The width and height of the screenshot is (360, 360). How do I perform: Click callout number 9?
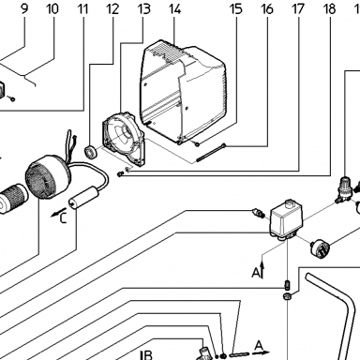pyautogui.click(x=24, y=8)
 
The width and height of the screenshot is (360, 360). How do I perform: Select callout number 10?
pyautogui.click(x=52, y=8)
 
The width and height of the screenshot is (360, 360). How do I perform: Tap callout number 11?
pyautogui.click(x=82, y=8)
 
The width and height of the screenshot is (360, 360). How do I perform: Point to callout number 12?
pyautogui.click(x=113, y=8)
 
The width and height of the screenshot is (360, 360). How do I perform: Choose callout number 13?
pyautogui.click(x=144, y=8)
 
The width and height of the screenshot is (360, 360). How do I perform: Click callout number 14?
pyautogui.click(x=175, y=8)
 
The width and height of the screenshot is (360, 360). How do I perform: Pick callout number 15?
pyautogui.click(x=236, y=8)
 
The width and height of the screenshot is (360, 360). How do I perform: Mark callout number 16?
pyautogui.click(x=267, y=8)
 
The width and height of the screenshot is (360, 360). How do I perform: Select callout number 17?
pyautogui.click(x=298, y=8)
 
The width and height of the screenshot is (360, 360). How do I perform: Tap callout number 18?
pyautogui.click(x=330, y=8)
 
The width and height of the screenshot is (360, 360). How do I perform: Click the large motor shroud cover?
pyautogui.click(x=183, y=92)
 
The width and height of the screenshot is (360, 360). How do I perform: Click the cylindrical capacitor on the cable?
pyautogui.click(x=83, y=198)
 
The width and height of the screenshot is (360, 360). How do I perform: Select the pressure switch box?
pyautogui.click(x=283, y=219)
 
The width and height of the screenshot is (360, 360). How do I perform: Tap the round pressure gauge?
pyautogui.click(x=318, y=248)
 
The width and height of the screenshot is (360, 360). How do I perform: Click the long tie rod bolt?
pyautogui.click(x=211, y=152)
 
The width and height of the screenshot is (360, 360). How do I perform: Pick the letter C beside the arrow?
pyautogui.click(x=63, y=218)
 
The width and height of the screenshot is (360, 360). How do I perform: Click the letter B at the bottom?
pyautogui.click(x=148, y=355)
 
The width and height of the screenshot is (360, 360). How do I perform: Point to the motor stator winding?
pyautogui.click(x=48, y=176)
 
